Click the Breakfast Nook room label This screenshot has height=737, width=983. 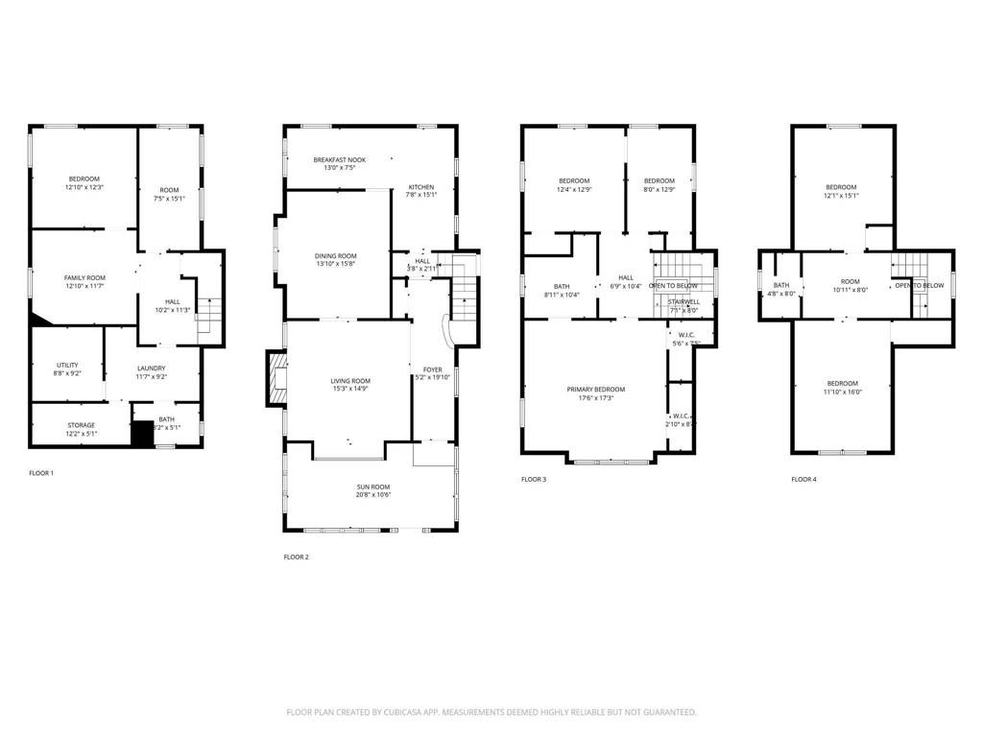[x=339, y=159]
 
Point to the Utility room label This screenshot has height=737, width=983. [x=67, y=366]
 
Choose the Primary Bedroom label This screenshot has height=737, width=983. [x=595, y=389]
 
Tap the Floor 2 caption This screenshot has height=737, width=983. [x=298, y=557]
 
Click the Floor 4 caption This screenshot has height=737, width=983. [x=803, y=479]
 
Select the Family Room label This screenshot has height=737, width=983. [x=84, y=277]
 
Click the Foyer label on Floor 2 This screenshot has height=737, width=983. [x=432, y=369]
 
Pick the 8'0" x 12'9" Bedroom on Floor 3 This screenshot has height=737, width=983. [x=659, y=185]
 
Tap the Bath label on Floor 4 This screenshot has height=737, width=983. [x=781, y=284]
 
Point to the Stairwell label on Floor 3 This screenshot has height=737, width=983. [x=683, y=301]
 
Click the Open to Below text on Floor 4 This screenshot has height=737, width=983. [x=919, y=286]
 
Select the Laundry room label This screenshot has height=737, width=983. [x=151, y=368]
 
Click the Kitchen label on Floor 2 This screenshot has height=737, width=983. [x=421, y=187]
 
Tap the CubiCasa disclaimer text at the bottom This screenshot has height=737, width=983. [x=491, y=712]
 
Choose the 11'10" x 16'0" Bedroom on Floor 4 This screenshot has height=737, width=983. [x=842, y=387]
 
